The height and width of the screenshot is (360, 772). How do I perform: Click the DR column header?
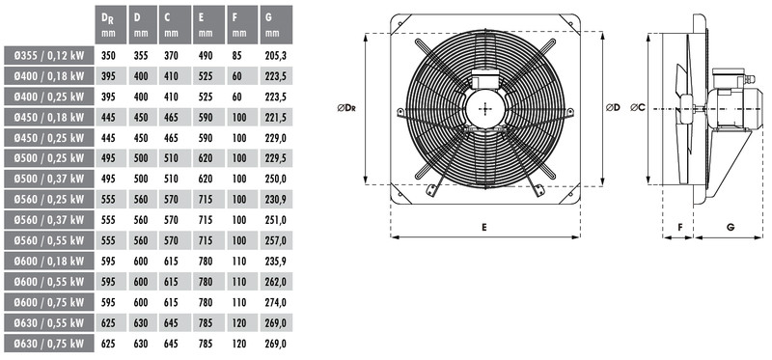coord(111,25)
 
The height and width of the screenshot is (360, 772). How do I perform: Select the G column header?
coord(276,25)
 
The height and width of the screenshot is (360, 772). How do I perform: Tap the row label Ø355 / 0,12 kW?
coord(49,56)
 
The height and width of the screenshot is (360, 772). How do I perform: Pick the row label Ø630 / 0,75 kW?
coord(49,344)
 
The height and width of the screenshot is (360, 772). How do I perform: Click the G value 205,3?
coord(276,56)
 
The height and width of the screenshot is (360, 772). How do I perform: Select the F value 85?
coord(236,56)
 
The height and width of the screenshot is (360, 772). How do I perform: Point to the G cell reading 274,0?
coord(276,302)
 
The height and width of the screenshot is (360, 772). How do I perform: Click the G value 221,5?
coord(276,117)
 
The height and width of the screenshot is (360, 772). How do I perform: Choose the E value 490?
coord(206,56)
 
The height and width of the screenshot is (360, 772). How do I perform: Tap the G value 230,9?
coord(276,200)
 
